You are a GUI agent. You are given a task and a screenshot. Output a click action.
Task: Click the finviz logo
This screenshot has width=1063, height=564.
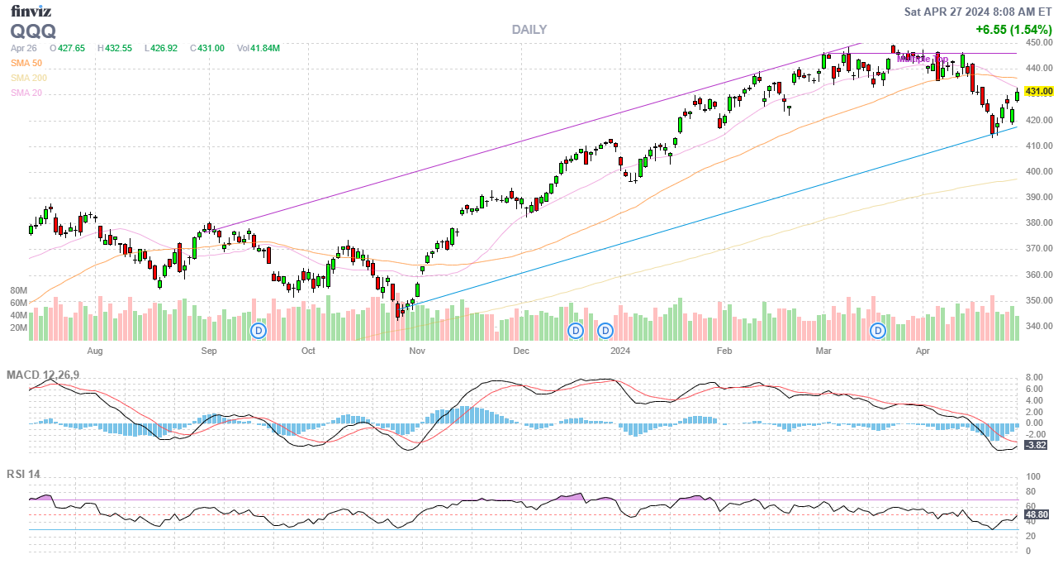tap(31, 11)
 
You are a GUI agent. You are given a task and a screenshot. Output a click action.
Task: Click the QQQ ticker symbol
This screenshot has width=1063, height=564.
tap(33, 31)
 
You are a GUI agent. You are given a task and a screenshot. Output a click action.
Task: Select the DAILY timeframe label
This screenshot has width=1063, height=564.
tap(529, 30)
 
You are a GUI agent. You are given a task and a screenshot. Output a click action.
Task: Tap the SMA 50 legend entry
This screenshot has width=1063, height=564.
tap(26, 63)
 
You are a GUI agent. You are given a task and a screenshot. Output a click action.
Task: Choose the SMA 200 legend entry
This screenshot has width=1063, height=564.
tap(29, 78)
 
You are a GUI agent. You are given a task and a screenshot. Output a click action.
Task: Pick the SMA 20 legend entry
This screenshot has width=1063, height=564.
tap(26, 93)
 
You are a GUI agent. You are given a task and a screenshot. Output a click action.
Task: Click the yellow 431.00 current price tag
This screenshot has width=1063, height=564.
tap(1038, 91)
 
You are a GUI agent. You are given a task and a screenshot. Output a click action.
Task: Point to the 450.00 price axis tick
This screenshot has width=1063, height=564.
tap(1038, 42)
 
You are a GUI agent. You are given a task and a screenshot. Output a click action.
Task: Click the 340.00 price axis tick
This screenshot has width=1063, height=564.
tap(1038, 326)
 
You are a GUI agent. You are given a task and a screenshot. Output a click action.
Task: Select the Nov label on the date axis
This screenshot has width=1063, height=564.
tap(416, 351)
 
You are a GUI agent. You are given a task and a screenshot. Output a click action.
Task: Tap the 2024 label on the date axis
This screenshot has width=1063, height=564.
tap(619, 351)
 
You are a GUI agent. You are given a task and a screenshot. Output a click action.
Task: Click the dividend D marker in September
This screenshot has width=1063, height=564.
tap(259, 331)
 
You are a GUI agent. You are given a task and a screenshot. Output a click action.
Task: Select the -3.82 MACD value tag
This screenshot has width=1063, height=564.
tap(1036, 445)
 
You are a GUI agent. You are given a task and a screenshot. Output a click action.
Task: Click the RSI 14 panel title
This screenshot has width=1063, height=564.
tap(23, 475)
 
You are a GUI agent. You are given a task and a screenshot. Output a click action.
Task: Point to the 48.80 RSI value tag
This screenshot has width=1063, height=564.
tap(1037, 514)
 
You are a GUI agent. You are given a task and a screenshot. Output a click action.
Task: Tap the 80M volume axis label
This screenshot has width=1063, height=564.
tap(19, 291)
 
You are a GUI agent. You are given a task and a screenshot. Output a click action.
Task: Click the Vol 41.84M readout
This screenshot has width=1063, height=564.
tap(259, 48)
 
